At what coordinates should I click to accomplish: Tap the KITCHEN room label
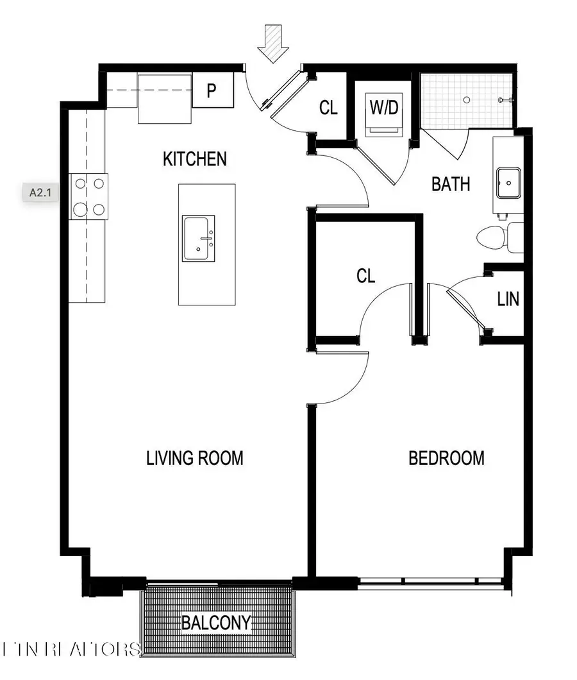pos(195,158)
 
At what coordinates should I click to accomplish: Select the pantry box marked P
pos(212,91)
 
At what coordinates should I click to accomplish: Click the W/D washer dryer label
pos(383,107)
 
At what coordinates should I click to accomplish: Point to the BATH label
pos(451,185)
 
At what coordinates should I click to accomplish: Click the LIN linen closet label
pos(508,299)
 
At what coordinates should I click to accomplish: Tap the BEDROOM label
pos(446,458)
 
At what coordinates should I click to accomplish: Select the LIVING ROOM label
pos(195,458)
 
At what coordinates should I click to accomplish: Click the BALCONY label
pos(215,622)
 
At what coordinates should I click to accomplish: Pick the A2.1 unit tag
pos(42,191)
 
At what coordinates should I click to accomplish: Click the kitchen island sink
pos(199,238)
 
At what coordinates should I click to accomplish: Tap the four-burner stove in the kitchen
pos(88,196)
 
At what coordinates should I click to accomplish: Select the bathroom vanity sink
pos(508,183)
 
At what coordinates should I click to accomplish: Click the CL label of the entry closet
pos(328,108)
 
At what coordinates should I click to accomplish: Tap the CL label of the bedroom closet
pos(365,276)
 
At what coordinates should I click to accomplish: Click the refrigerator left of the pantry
pos(165,98)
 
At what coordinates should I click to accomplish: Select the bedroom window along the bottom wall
pos(430,583)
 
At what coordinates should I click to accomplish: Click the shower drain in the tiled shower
pos(467,99)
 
